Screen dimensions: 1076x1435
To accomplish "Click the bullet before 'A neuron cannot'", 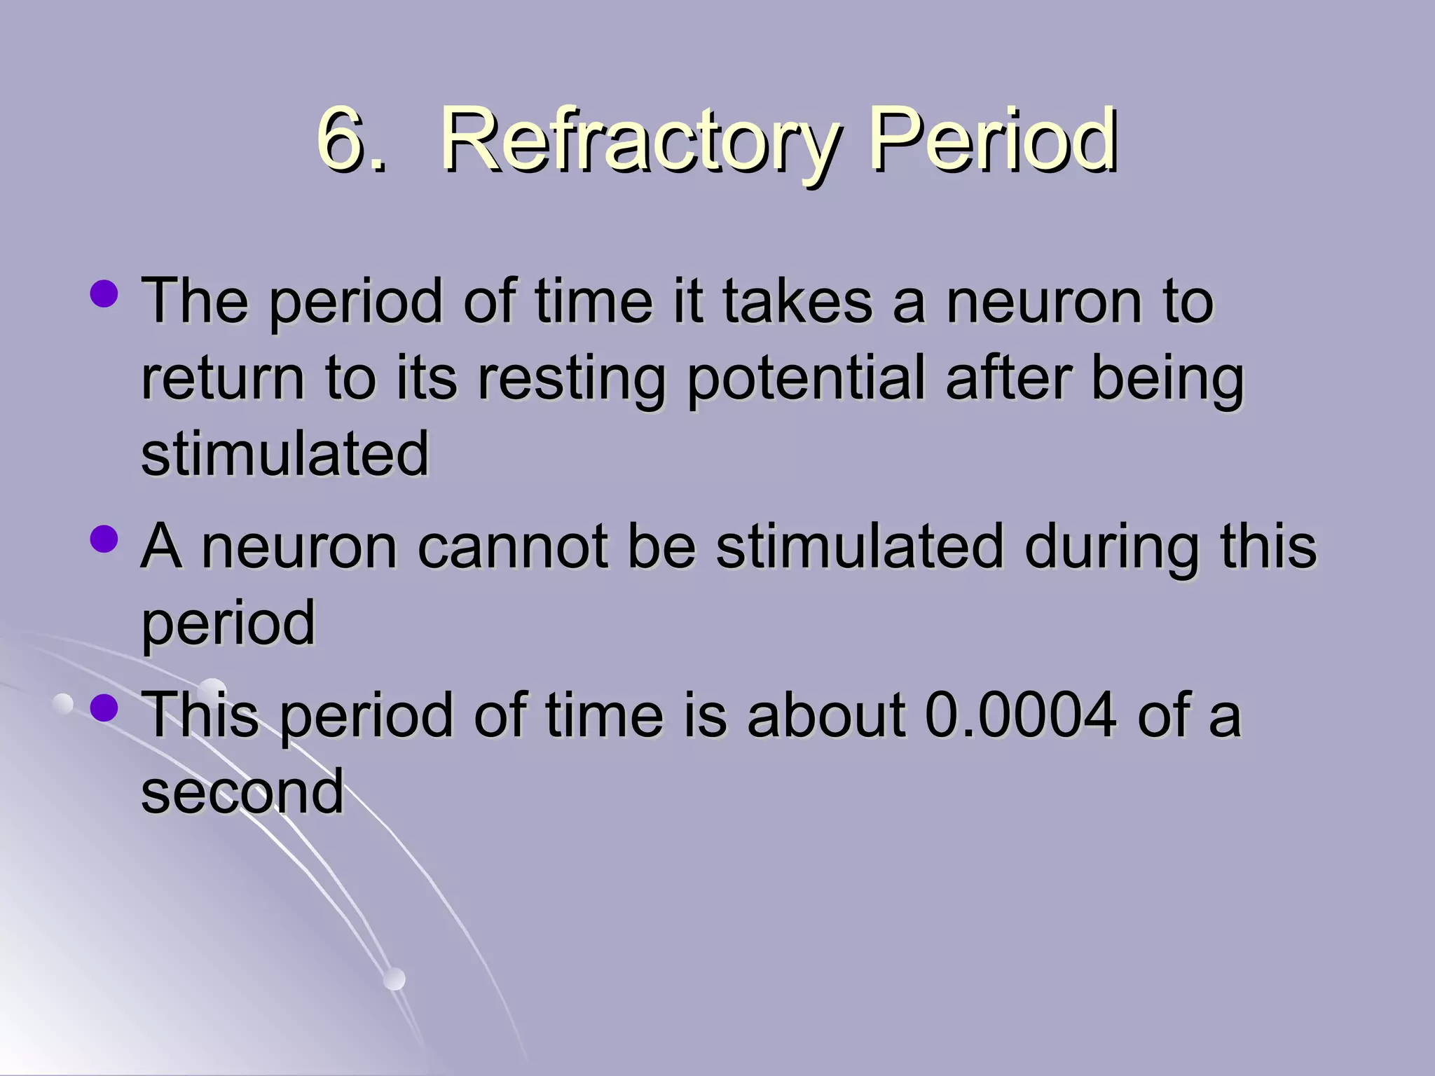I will click(104, 539).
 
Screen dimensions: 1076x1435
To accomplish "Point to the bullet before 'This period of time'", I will click(104, 707).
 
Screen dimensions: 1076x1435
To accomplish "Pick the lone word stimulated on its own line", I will click(284, 454).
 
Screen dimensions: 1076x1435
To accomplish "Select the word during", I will click(1111, 546).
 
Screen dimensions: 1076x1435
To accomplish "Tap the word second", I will click(242, 792).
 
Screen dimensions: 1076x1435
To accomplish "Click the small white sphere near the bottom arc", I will click(394, 979).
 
